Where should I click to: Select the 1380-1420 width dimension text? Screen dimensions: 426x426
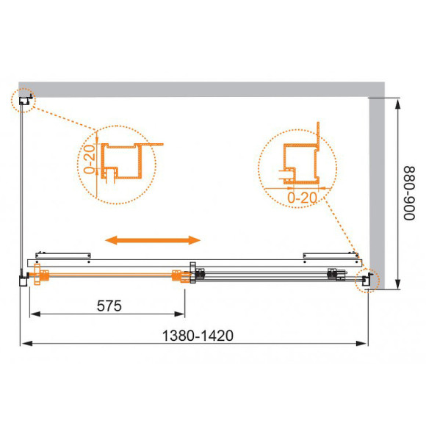[198, 334]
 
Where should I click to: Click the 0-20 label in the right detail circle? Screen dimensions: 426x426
[300, 197]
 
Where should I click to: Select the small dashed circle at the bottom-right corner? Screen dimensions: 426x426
[365, 280]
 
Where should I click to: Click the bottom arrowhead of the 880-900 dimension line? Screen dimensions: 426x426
[398, 285]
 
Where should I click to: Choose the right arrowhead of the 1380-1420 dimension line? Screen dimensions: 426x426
[364, 343]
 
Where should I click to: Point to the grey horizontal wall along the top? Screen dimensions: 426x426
[198, 87]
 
